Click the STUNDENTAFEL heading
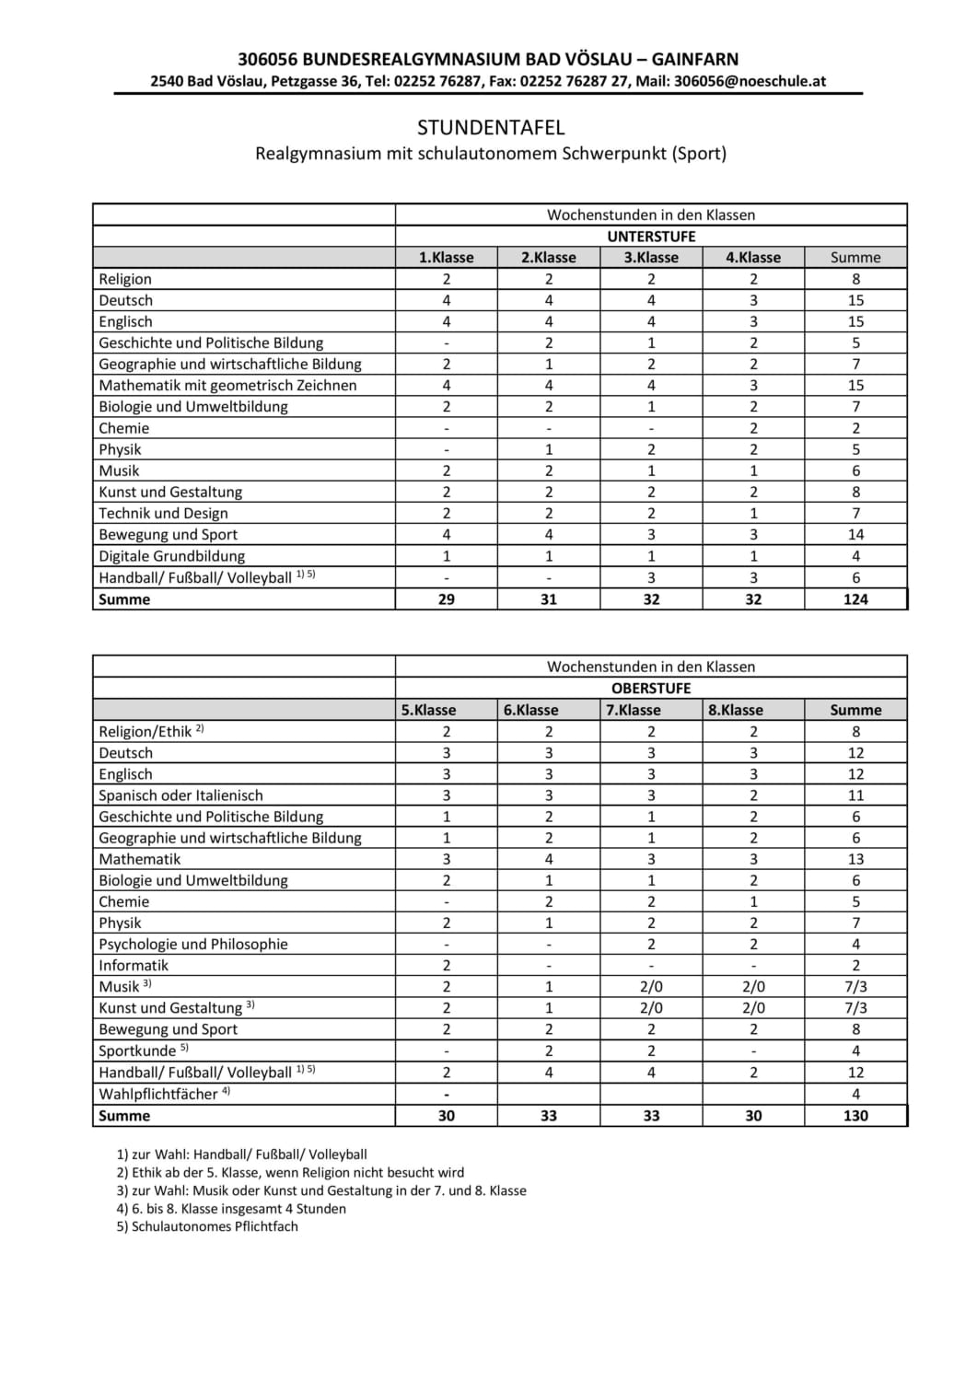[x=490, y=127]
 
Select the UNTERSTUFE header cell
[x=651, y=237]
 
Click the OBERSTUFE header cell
[x=651, y=689]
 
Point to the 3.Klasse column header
[x=651, y=258]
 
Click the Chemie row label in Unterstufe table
[x=124, y=428]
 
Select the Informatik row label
[x=134, y=966]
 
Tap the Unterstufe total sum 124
[x=855, y=599]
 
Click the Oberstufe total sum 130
[x=855, y=1116]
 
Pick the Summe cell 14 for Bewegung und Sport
[x=855, y=535]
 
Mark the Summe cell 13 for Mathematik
[x=855, y=859]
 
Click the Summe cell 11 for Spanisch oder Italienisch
[x=855, y=795]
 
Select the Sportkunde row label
[x=138, y=1051]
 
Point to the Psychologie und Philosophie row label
[x=193, y=945]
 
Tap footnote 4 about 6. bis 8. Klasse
[x=231, y=1209]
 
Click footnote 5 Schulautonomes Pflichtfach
[x=207, y=1226]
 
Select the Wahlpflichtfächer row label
[x=159, y=1095]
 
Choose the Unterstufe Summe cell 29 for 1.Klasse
[x=447, y=599]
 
